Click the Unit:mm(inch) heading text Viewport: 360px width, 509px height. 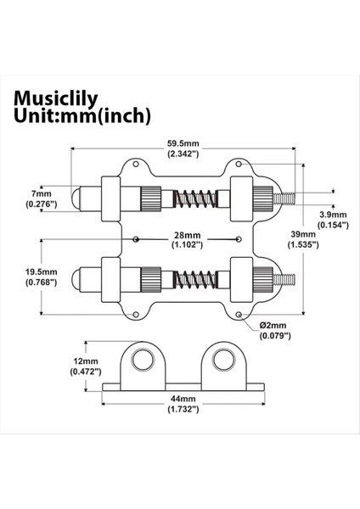coord(82,115)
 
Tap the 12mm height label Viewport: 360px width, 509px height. coord(85,360)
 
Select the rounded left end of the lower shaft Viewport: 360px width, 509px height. coord(76,278)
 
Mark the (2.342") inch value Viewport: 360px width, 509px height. coord(183,154)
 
